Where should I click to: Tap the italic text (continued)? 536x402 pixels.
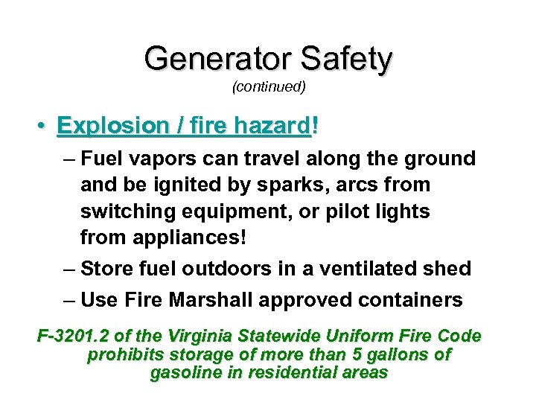[269, 87]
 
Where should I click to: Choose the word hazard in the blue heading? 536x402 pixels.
[271, 126]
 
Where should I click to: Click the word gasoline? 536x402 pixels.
[185, 372]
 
